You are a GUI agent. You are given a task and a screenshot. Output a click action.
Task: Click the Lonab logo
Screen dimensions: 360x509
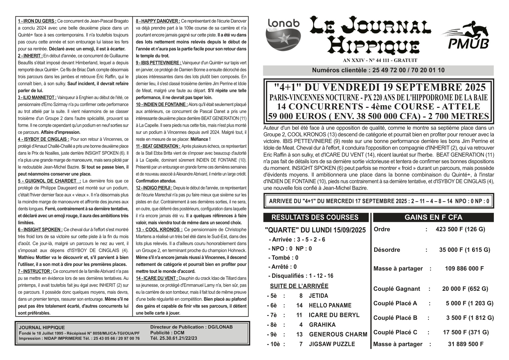pos(284,34)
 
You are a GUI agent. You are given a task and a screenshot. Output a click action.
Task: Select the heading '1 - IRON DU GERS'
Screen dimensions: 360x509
pos(37,21)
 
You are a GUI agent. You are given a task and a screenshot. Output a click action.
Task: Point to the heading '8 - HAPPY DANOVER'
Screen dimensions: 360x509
pos(158,21)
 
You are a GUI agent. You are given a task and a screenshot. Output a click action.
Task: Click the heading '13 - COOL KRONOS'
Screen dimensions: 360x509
pos(159,229)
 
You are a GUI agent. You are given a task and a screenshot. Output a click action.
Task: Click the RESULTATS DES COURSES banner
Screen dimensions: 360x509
pos(315,217)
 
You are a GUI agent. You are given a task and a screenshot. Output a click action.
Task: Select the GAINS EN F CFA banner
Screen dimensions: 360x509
pos(433,217)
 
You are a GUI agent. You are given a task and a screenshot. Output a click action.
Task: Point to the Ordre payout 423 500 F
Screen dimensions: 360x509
pos(460,229)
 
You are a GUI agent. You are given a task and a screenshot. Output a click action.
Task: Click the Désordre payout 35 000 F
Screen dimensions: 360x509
pos(464,250)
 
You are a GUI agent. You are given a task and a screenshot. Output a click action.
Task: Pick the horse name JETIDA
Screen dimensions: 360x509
pos(318,296)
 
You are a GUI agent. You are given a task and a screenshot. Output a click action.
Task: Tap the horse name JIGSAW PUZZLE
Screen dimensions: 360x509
pos(332,344)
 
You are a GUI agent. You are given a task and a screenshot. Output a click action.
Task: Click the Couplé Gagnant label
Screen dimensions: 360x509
pos(397,289)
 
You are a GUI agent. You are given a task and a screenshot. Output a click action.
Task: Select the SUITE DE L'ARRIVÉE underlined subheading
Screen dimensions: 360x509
pos(299,286)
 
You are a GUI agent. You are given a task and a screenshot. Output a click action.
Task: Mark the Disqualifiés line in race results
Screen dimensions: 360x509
pos(301,276)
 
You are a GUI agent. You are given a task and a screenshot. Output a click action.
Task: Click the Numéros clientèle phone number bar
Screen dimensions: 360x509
pos(378,70)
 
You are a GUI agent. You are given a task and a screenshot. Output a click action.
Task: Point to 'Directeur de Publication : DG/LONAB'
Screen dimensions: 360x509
pos(191,327)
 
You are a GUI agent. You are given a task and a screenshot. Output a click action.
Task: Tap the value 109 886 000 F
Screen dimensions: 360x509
pos(464,268)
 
